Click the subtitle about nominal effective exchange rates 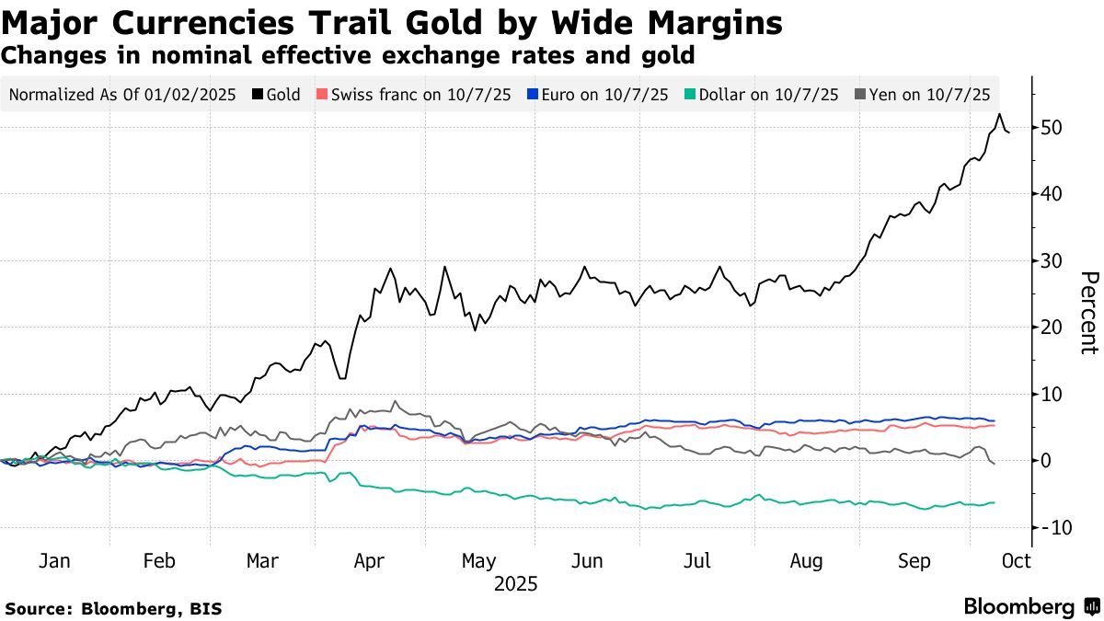(348, 55)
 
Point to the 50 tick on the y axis (1051, 127)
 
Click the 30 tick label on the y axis (1051, 260)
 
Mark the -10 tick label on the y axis (1053, 527)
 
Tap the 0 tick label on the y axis (1046, 460)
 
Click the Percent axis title (1088, 313)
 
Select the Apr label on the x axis (369, 561)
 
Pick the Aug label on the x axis (807, 561)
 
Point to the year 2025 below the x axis (515, 584)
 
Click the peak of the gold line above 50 (999, 114)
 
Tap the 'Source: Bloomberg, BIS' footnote (113, 608)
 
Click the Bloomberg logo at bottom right (1030, 607)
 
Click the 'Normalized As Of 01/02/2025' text (122, 94)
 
